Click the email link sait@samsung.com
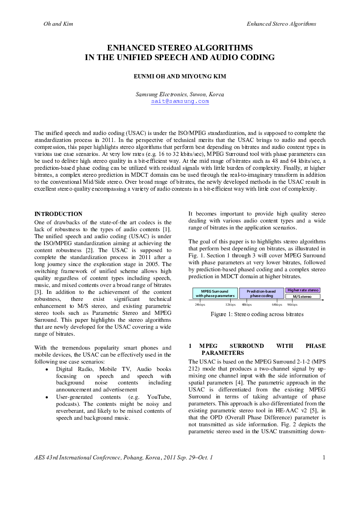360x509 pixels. [x=180, y=101]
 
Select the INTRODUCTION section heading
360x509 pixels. [x=58, y=214]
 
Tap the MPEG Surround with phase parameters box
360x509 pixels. [x=215, y=293]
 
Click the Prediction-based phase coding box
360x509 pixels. [x=261, y=293]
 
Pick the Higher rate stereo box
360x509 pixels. [x=303, y=290]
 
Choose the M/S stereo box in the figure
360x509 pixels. [x=302, y=297]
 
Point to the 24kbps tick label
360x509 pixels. [x=200, y=305]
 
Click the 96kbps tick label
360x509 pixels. [x=292, y=305]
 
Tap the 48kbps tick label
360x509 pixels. [x=247, y=305]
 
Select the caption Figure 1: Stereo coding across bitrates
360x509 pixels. [x=257, y=314]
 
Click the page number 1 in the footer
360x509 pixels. [x=324, y=457]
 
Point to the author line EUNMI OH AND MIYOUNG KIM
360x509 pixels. [x=180, y=77]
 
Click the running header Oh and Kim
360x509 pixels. [x=58, y=24]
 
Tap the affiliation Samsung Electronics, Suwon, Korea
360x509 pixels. [x=180, y=94]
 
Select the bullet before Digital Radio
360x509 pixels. [x=47, y=369]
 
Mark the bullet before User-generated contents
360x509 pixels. [x=47, y=398]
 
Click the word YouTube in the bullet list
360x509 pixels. [x=158, y=397]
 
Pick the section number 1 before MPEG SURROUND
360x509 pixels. [x=190, y=346]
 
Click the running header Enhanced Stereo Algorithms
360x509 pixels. [x=282, y=24]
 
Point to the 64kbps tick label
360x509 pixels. [x=277, y=305]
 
